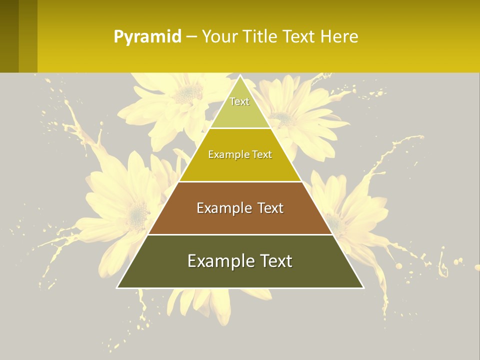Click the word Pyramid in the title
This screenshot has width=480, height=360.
[147, 36]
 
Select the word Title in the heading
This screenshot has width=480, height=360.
[260, 36]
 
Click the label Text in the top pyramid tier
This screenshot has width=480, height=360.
[239, 101]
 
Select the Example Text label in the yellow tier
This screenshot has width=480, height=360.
[240, 154]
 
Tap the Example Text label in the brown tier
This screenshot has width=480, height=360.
[240, 208]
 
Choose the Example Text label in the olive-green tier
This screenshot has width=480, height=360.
[240, 261]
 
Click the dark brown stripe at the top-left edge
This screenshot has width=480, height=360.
[9, 36]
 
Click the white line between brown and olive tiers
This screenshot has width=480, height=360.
[240, 234]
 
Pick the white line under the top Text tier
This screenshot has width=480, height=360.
[240, 128]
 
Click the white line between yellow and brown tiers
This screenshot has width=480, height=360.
[240, 181]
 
